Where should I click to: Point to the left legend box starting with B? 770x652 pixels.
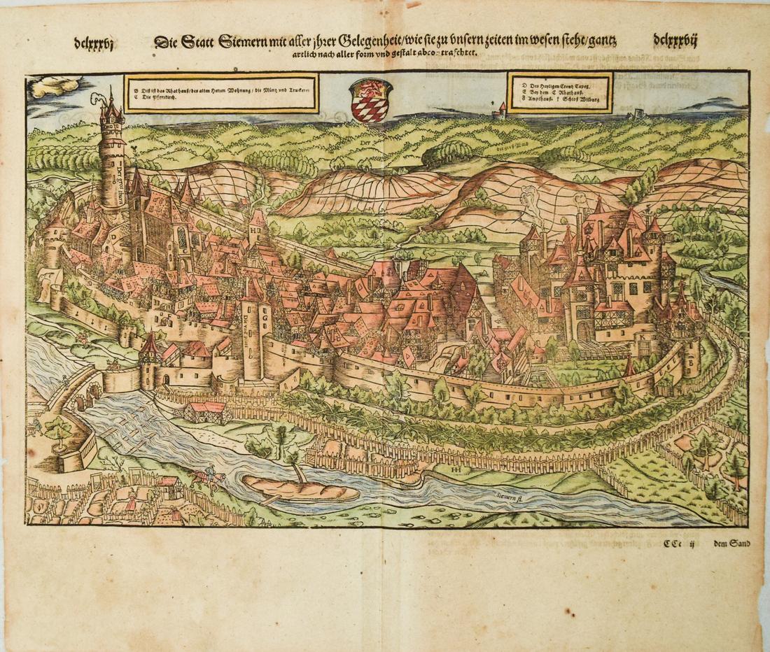(x=220, y=93)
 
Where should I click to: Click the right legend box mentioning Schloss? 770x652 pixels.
(x=559, y=92)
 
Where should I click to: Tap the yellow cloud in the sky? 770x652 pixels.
(x=56, y=86)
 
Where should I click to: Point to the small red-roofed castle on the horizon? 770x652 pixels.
(x=500, y=109)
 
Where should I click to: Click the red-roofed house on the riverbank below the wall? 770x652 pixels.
(x=204, y=411)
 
